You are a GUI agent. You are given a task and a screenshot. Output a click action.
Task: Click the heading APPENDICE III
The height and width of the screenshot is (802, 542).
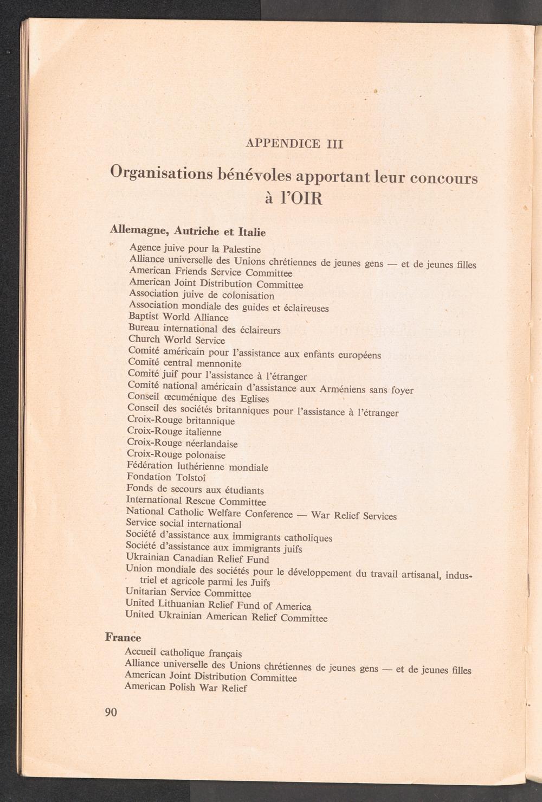pos(294,144)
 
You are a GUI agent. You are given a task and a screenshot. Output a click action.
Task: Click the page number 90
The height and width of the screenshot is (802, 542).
pos(111,712)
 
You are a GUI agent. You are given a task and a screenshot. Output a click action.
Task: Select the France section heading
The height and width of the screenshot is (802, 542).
pos(123,637)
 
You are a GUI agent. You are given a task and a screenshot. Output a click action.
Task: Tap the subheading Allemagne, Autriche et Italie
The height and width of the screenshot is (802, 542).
pos(188,230)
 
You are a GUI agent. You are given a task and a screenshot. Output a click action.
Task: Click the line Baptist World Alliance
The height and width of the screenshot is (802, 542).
pos(178,317)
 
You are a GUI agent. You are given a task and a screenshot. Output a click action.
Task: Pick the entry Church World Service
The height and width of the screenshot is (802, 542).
pos(177,340)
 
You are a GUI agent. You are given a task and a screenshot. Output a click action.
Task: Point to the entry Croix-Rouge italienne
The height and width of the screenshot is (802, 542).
pos(174,432)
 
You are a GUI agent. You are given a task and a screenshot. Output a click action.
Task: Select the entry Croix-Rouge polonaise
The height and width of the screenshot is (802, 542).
pos(176,454)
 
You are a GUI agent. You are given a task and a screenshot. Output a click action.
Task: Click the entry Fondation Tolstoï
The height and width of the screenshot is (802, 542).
pos(166,477)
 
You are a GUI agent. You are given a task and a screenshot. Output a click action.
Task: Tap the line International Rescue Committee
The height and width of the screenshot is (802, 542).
pos(196,501)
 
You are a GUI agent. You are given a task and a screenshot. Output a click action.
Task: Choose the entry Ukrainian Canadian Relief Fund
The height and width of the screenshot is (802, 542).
pos(197,558)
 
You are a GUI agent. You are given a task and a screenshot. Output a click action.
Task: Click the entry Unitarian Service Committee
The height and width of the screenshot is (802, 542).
pos(188,593)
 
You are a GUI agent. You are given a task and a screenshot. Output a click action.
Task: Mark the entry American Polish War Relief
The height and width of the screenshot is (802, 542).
pos(185,688)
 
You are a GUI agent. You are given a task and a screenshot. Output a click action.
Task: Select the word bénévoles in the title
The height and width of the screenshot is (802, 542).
pos(255,175)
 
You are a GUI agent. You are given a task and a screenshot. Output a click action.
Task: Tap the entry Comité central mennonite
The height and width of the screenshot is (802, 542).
pos(184,363)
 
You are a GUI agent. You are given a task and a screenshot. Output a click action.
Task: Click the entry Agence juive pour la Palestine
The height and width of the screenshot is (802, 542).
pos(195,249)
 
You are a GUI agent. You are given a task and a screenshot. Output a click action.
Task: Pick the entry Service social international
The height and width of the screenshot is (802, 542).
pos(183,524)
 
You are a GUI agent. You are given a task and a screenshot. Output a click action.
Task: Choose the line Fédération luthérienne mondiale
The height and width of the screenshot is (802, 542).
pos(197,466)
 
